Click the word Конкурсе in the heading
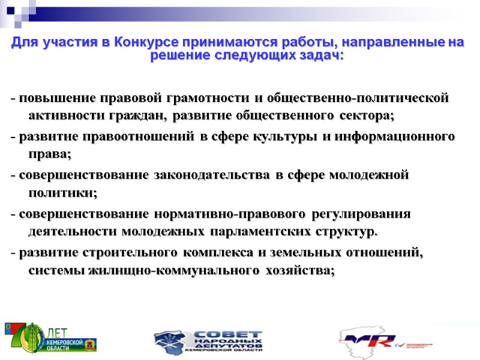140,43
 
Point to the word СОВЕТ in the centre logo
229,334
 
